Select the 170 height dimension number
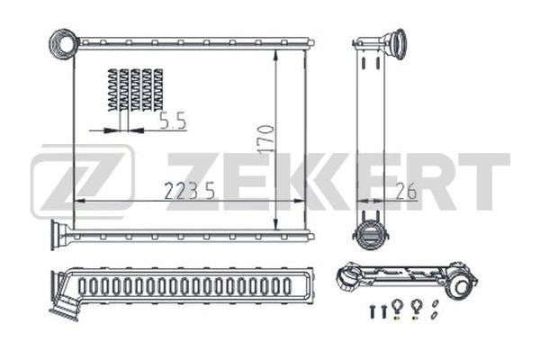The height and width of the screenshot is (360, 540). pyautogui.click(x=266, y=139)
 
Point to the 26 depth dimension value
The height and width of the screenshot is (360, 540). pyautogui.click(x=406, y=191)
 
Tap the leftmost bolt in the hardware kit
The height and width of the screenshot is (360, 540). pyautogui.click(x=370, y=311)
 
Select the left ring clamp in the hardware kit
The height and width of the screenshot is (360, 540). pyautogui.click(x=398, y=306)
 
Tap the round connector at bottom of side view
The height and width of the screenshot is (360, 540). pyautogui.click(x=369, y=237)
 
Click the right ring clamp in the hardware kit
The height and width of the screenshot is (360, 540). pyautogui.click(x=415, y=306)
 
